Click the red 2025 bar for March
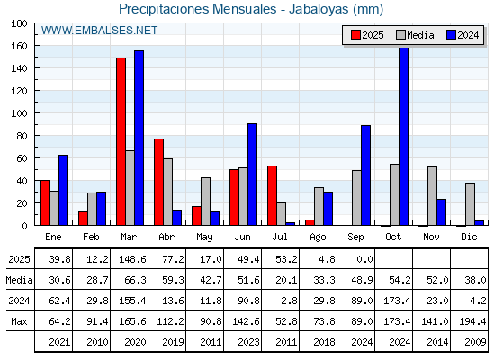[121, 141]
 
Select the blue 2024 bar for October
[403, 136]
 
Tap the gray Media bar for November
[432, 196]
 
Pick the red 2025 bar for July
[272, 195]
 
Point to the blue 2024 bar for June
[252, 175]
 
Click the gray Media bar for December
[470, 204]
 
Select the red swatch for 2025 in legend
[355, 35]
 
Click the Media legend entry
[415, 35]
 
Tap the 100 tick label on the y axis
[19, 113]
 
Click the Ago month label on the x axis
[318, 238]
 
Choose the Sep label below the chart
[355, 238]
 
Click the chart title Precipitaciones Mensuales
[197, 9]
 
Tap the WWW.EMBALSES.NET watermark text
[99, 31]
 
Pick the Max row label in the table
[19, 321]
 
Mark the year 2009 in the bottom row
[475, 342]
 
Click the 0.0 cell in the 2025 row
[364, 259]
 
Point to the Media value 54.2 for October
[400, 280]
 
